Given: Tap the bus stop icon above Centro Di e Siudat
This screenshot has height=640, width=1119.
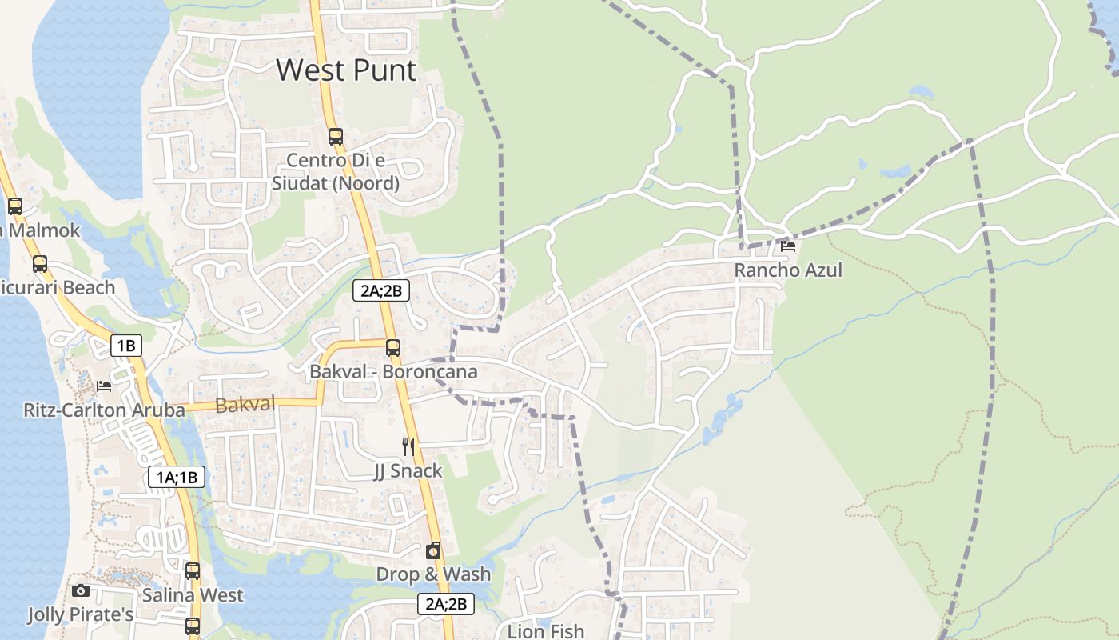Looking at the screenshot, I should [336, 137].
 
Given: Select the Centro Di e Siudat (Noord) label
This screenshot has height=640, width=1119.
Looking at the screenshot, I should [336, 172].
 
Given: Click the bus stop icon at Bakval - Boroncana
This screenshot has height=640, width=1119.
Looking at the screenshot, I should [393, 348].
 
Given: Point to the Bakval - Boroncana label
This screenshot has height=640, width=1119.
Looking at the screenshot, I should [393, 372].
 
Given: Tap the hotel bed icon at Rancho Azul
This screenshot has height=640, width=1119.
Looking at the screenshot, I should [788, 246].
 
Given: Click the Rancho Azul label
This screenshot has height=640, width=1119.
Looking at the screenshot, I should [788, 270].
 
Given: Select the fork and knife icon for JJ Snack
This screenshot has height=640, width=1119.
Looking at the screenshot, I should [408, 446].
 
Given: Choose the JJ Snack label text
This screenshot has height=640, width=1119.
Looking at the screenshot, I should [408, 470].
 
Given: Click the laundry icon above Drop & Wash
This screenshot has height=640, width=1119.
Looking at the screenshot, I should [433, 550].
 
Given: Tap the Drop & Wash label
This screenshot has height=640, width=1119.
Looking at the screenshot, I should [433, 574].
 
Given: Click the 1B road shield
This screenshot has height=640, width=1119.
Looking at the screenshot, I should [125, 346].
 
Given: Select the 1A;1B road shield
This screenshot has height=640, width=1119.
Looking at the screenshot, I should [177, 478].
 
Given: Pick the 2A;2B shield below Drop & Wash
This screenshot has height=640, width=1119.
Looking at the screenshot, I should [446, 604].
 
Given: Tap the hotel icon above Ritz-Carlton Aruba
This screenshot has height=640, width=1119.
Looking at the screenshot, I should [104, 386].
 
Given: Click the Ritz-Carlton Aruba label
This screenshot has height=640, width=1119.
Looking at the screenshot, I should [104, 410].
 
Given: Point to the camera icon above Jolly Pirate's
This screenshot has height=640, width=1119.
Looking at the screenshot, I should [81, 591].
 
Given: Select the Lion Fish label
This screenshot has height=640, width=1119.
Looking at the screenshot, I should [546, 631].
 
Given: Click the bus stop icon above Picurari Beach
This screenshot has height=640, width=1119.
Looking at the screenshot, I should [40, 264].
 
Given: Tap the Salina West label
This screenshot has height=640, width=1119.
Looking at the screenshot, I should [193, 595].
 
